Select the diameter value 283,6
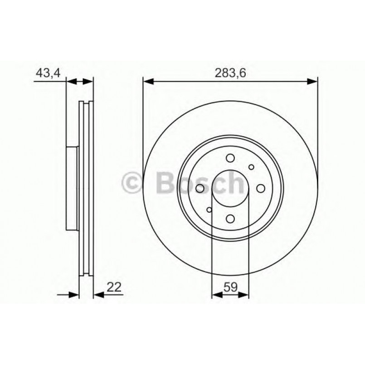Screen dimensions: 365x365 [230, 73]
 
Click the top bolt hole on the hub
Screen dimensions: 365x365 [230, 158]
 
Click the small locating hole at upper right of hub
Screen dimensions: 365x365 [252, 167]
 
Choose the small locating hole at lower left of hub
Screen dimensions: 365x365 [209, 210]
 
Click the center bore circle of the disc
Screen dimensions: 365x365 [230, 189]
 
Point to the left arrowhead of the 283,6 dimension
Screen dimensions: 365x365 [148, 82]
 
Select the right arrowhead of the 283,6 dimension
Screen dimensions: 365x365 [313, 82]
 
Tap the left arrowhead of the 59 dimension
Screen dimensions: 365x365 [216, 295]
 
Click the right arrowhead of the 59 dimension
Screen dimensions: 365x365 [244, 295]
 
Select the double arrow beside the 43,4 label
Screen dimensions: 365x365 [80, 82]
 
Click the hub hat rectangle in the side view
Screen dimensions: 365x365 [72, 189]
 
